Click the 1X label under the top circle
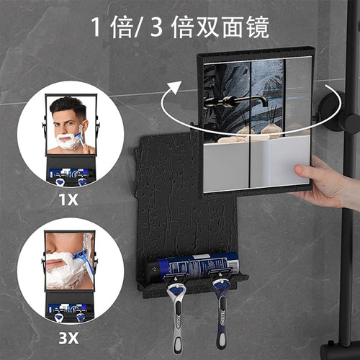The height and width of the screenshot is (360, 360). [68, 199]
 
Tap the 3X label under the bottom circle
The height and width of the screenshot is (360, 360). [68, 338]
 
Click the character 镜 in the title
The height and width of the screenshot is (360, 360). [258, 27]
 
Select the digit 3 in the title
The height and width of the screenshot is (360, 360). [156, 27]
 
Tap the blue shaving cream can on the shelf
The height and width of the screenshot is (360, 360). [193, 267]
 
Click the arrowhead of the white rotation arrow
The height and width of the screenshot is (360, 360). [174, 88]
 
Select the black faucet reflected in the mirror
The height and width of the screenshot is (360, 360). [236, 101]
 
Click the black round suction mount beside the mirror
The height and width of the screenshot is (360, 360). [333, 112]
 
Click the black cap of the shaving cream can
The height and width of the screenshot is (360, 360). [156, 269]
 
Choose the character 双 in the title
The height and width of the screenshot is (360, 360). [207, 27]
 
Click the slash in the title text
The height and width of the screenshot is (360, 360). [140, 27]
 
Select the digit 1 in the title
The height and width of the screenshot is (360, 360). [96, 27]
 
